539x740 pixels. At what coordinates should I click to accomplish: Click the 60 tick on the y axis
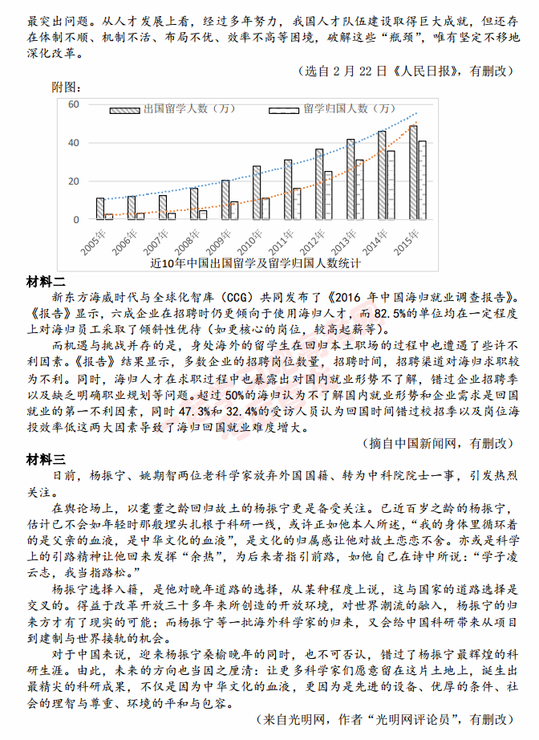click(x=73, y=104)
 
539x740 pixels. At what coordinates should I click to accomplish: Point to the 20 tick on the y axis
click(x=73, y=181)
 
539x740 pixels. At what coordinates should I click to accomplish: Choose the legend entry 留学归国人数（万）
click(x=350, y=109)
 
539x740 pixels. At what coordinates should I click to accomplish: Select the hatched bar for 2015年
click(x=413, y=173)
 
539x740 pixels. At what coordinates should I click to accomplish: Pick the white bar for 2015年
click(x=422, y=181)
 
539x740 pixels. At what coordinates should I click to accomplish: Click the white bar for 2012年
click(x=328, y=195)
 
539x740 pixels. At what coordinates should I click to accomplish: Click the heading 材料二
click(x=46, y=281)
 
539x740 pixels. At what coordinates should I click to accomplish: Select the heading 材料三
click(x=46, y=460)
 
